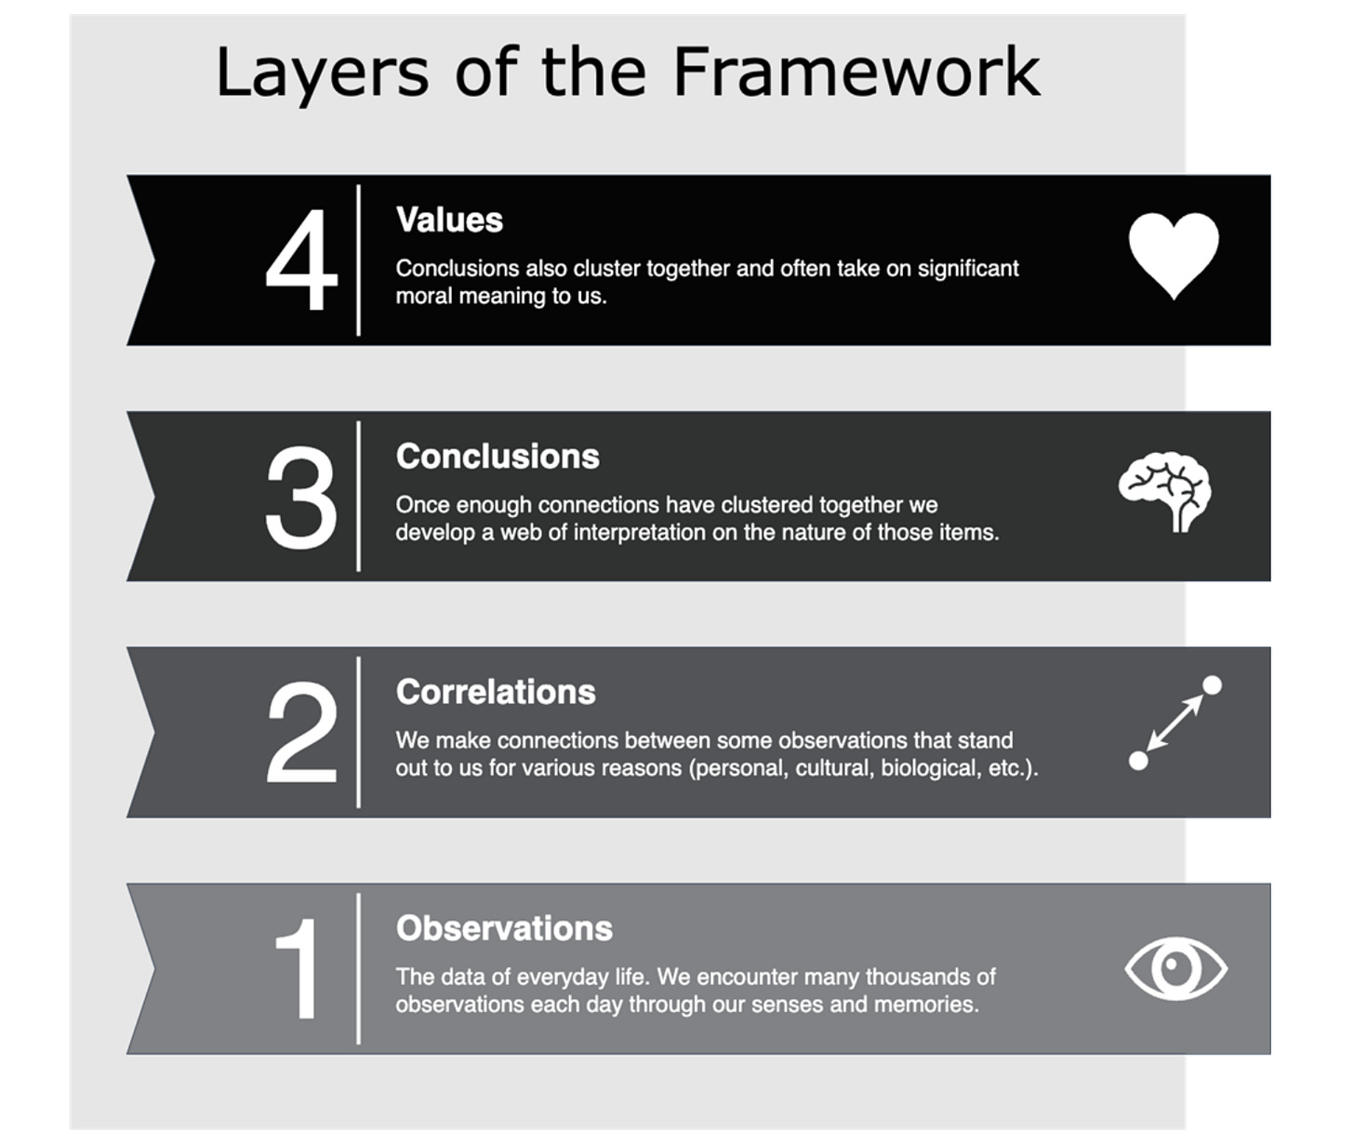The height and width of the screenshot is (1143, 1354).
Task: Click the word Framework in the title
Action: [856, 73]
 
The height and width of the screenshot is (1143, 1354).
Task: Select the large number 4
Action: [300, 260]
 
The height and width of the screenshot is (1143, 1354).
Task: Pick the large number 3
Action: [300, 498]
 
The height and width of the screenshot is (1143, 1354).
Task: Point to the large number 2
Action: [301, 733]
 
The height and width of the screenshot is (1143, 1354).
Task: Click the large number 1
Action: [298, 969]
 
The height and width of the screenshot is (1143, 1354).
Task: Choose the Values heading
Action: [449, 220]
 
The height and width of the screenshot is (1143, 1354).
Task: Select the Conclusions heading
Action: [498, 457]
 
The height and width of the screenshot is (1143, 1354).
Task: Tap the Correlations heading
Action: [496, 692]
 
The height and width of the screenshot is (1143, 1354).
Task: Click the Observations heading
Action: [504, 928]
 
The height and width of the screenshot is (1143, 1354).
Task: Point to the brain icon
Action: [1165, 491]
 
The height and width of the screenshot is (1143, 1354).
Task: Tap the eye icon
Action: [1175, 968]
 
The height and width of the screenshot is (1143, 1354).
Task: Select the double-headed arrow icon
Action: [1175, 724]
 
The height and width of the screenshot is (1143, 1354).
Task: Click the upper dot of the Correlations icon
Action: [1212, 685]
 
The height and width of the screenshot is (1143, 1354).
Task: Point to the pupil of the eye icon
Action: [1175, 967]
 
